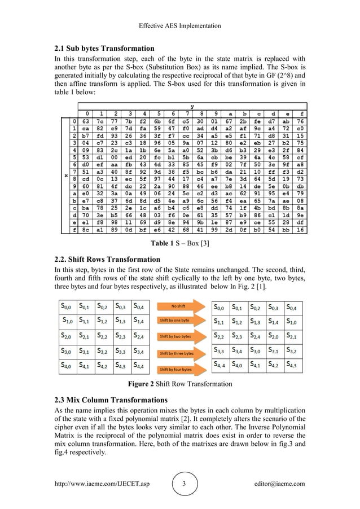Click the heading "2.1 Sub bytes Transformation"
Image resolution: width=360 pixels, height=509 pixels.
103,48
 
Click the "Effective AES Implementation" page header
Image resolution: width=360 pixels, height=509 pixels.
180,26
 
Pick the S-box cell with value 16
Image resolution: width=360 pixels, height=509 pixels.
300,231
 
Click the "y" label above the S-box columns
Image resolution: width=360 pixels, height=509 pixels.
193,106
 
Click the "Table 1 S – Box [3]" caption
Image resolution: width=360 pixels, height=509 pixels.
179,244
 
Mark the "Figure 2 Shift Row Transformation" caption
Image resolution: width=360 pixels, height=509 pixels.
179,384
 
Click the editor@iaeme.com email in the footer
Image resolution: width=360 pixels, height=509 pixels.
279,484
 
